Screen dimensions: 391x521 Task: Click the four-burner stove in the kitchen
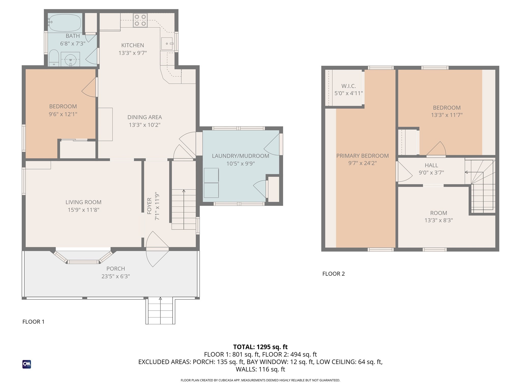[x=140, y=20]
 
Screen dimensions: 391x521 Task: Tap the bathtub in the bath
[x=65, y=23]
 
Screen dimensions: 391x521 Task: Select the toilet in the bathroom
[x=54, y=58]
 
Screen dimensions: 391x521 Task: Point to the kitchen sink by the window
[x=167, y=44]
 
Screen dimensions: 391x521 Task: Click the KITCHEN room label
[x=133, y=45]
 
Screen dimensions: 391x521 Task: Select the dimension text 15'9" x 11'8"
[x=83, y=210]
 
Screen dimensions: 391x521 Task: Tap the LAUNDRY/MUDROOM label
[x=240, y=156]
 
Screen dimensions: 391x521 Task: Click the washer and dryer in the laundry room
[x=211, y=183]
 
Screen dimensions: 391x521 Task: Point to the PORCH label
[x=115, y=269]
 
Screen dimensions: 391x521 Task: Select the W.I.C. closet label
[x=349, y=86]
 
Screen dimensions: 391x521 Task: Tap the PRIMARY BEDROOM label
[x=363, y=156]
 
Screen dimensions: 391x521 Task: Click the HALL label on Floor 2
[x=431, y=165]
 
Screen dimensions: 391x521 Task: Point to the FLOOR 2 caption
[x=334, y=274]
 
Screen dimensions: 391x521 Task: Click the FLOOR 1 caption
[x=33, y=322]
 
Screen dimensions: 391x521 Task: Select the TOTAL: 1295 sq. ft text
[x=260, y=347]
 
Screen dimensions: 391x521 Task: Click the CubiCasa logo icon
[x=27, y=364]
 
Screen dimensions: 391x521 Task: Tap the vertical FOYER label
[x=149, y=206]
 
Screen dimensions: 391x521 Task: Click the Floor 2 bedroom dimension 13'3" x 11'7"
[x=447, y=115]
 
